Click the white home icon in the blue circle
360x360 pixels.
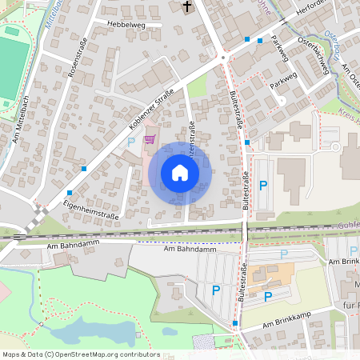180,173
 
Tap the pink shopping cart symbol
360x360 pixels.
149,139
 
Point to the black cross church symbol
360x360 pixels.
188,7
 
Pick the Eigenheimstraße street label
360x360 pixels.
90,210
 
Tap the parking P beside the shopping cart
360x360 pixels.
131,142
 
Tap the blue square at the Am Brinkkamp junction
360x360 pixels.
235,323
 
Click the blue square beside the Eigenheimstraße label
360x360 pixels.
70,193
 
